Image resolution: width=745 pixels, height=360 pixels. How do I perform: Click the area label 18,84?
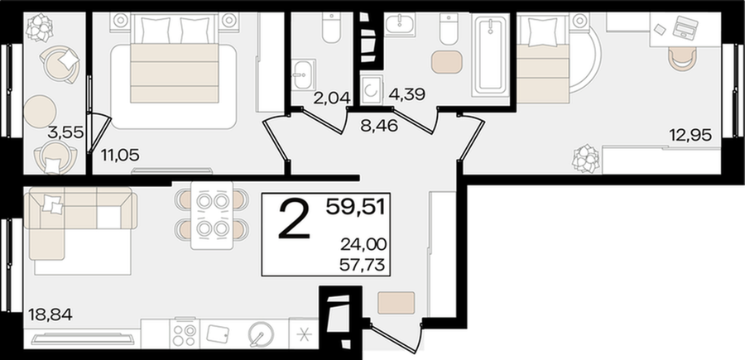50,314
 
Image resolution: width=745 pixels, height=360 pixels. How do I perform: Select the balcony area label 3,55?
65,133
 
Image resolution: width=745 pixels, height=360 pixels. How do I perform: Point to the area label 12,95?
690,136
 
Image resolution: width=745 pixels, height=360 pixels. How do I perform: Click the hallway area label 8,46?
379,127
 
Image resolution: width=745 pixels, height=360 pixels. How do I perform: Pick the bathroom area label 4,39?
406,94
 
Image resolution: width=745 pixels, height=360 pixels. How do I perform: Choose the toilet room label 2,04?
332,98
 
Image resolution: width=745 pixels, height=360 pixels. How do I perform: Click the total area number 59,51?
356,207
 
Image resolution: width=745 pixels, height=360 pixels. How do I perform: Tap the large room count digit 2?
295,218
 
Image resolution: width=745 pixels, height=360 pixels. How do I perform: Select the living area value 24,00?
363,245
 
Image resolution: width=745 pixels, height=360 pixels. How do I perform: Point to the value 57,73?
363,264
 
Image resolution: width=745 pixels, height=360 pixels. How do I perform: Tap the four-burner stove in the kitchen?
185,334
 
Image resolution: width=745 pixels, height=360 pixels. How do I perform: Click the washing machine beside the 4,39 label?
370,89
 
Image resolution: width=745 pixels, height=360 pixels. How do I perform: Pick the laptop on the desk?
685,26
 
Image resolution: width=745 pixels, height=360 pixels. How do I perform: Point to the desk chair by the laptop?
682,59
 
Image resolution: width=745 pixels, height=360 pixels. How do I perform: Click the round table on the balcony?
40,111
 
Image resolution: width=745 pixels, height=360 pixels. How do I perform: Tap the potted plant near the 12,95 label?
586,158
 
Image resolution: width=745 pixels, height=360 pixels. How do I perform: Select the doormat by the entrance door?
397,303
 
